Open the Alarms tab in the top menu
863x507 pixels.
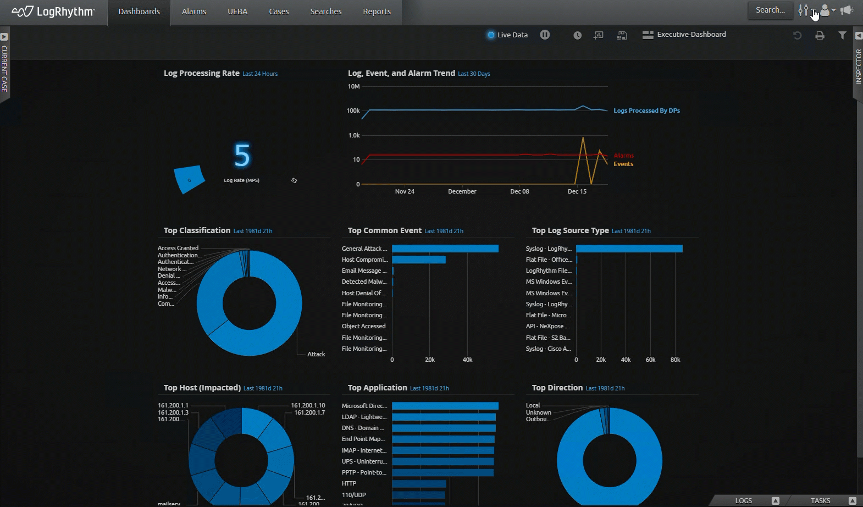pos(194,12)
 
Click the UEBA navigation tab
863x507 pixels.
pos(237,12)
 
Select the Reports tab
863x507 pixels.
pos(377,12)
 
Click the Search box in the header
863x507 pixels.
pos(770,10)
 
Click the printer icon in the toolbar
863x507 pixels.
pos(820,35)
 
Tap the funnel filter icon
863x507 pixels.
pos(842,35)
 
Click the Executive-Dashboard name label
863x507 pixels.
pos(691,34)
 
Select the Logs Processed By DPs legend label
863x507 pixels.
pos(646,111)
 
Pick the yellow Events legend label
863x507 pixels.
pos(623,164)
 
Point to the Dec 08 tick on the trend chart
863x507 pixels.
pos(519,191)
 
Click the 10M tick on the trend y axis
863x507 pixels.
pos(353,86)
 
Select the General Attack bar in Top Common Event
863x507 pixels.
pos(445,249)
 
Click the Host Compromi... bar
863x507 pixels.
pos(419,260)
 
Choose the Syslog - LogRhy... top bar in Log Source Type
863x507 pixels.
pos(629,249)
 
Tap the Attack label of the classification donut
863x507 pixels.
pos(316,354)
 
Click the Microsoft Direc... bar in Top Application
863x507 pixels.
pos(445,406)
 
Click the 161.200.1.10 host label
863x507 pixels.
pos(308,405)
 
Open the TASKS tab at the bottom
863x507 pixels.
pos(820,500)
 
